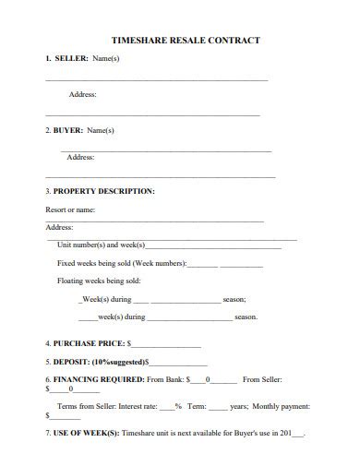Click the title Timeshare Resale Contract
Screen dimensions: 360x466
185,41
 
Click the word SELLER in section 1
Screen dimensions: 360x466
70,59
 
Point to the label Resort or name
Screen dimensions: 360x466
70,209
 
